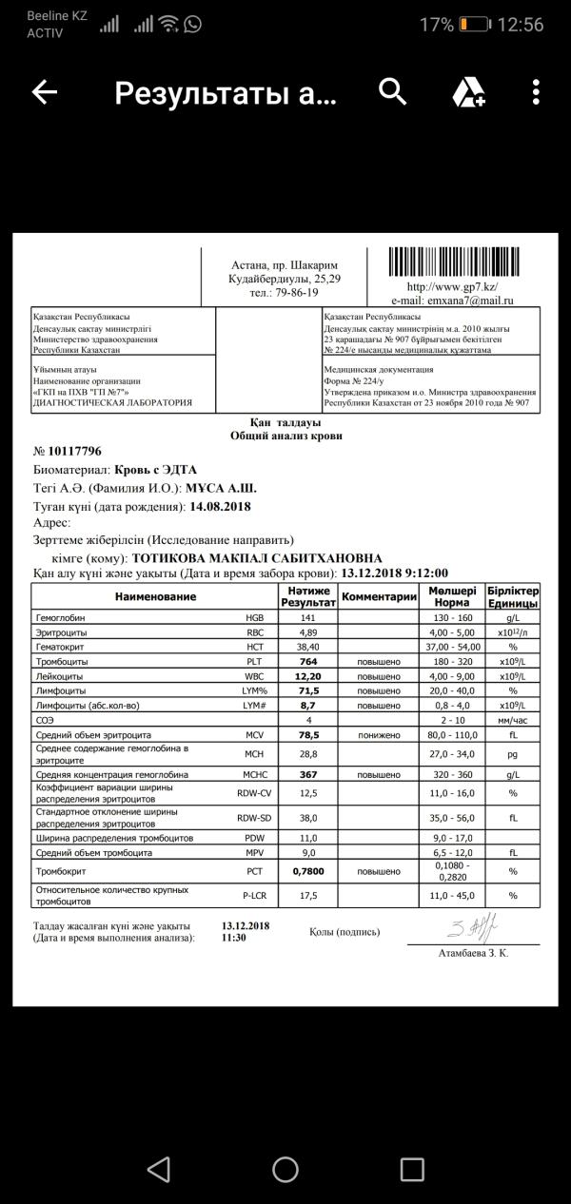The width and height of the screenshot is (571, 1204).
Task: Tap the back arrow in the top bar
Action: [x=45, y=92]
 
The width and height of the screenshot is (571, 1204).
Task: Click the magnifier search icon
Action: [x=393, y=92]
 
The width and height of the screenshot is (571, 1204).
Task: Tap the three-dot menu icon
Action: [x=537, y=92]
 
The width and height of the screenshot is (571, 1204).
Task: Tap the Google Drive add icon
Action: [x=468, y=92]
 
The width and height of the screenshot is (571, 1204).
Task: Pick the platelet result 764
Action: [x=306, y=661]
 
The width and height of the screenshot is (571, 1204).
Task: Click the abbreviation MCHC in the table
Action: [x=252, y=775]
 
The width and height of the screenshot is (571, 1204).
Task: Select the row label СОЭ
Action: [x=45, y=720]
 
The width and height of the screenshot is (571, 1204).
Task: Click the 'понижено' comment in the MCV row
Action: [x=379, y=735]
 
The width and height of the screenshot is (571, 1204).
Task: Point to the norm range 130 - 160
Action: [x=451, y=617]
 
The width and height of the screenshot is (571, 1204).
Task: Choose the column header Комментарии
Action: [x=379, y=596]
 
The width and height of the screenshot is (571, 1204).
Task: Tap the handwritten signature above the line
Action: [x=472, y=926]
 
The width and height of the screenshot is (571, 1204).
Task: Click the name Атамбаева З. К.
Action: [x=473, y=953]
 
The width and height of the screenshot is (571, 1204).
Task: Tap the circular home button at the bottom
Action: [x=285, y=1168]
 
